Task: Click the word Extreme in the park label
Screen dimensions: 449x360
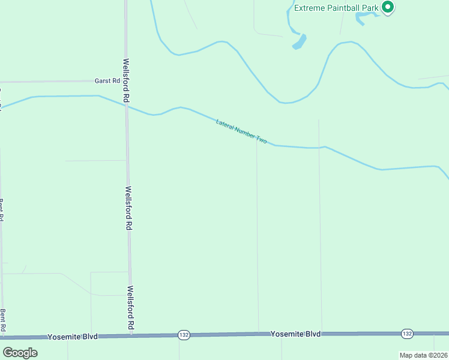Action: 310,8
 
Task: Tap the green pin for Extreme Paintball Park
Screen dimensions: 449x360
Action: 388,7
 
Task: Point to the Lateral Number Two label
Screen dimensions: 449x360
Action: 241,131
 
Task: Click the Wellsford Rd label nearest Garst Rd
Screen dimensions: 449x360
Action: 126,79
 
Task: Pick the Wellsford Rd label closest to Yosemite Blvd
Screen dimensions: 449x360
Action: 130,307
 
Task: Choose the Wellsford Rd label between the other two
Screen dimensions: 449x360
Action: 128,208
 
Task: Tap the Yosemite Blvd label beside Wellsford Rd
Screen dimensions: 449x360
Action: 72,337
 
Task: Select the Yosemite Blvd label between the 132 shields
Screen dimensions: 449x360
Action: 295,334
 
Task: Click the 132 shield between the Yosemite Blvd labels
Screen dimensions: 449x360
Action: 184,335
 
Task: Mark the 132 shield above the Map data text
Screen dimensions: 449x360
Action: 408,333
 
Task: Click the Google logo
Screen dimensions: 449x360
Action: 20,353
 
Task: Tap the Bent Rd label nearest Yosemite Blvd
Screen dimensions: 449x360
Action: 3,320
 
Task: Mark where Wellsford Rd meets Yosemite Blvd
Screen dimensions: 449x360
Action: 131,335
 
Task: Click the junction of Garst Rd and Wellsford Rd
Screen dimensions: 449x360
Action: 126,81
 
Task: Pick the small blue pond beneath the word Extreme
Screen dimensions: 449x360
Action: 299,42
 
